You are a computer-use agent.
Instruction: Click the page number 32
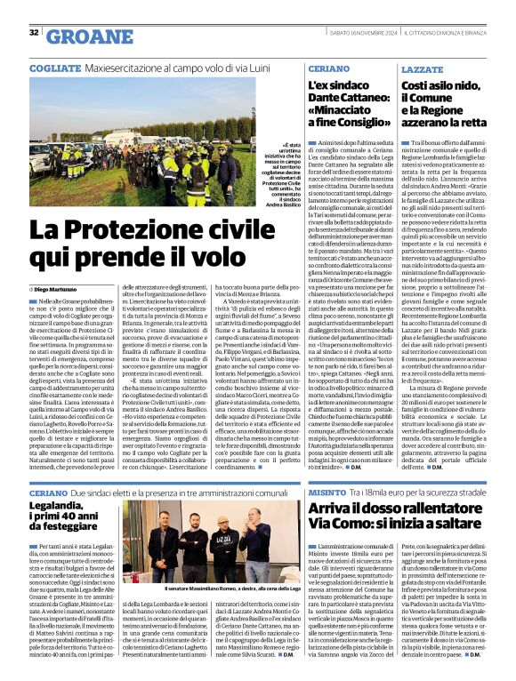(x=34, y=33)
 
